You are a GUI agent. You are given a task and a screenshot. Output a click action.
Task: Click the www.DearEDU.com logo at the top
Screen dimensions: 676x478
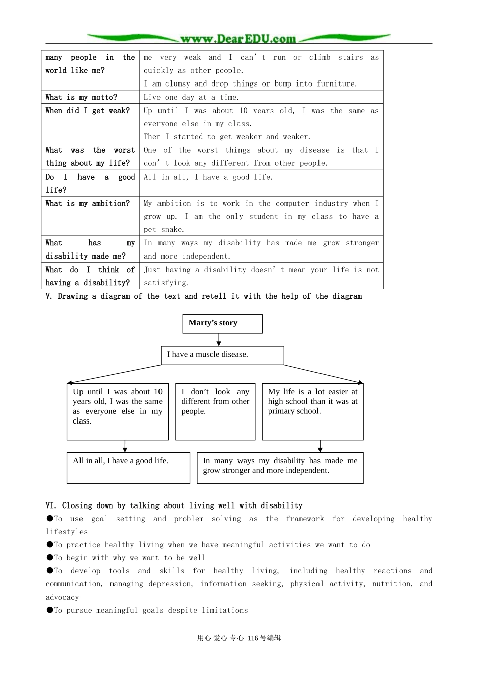point(238,39)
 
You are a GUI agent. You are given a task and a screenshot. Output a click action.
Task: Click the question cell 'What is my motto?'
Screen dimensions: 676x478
point(82,97)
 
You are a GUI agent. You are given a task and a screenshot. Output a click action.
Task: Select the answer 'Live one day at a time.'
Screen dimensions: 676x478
point(192,97)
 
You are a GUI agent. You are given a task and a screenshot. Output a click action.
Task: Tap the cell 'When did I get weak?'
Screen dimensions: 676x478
point(88,111)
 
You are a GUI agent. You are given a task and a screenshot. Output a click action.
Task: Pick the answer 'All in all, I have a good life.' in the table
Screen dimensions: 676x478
point(208,177)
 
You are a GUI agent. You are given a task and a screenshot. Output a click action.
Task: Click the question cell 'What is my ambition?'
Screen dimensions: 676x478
point(88,204)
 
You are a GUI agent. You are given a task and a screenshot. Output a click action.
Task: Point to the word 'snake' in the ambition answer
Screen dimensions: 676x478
point(172,230)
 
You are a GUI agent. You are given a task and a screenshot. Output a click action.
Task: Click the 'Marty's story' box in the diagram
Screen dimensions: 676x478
point(222,323)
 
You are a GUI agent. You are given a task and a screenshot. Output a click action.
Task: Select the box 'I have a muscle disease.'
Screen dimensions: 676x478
point(222,355)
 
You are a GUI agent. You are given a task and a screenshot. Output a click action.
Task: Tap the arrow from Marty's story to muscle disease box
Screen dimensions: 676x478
point(219,340)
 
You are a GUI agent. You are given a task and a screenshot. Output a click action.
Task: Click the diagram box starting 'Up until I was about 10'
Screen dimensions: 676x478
point(117,411)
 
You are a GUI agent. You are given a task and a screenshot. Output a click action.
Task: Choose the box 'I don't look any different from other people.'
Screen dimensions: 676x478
point(215,411)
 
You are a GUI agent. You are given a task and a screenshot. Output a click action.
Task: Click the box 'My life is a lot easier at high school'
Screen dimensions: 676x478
point(312,411)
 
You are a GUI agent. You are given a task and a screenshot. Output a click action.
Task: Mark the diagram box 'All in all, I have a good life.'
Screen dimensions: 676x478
point(128,468)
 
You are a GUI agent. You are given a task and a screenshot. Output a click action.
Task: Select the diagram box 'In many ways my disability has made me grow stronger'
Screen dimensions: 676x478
point(280,468)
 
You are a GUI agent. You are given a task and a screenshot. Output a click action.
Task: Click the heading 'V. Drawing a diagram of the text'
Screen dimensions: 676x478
point(203,296)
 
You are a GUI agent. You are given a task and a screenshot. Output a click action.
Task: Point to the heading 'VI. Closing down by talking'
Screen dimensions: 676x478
point(174,505)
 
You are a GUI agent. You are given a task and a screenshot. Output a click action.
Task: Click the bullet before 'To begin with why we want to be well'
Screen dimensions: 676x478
point(50,557)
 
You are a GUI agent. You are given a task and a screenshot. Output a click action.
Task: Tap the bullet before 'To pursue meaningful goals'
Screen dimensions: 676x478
point(50,610)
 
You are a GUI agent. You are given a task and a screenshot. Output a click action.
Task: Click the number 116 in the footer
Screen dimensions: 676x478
point(253,638)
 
